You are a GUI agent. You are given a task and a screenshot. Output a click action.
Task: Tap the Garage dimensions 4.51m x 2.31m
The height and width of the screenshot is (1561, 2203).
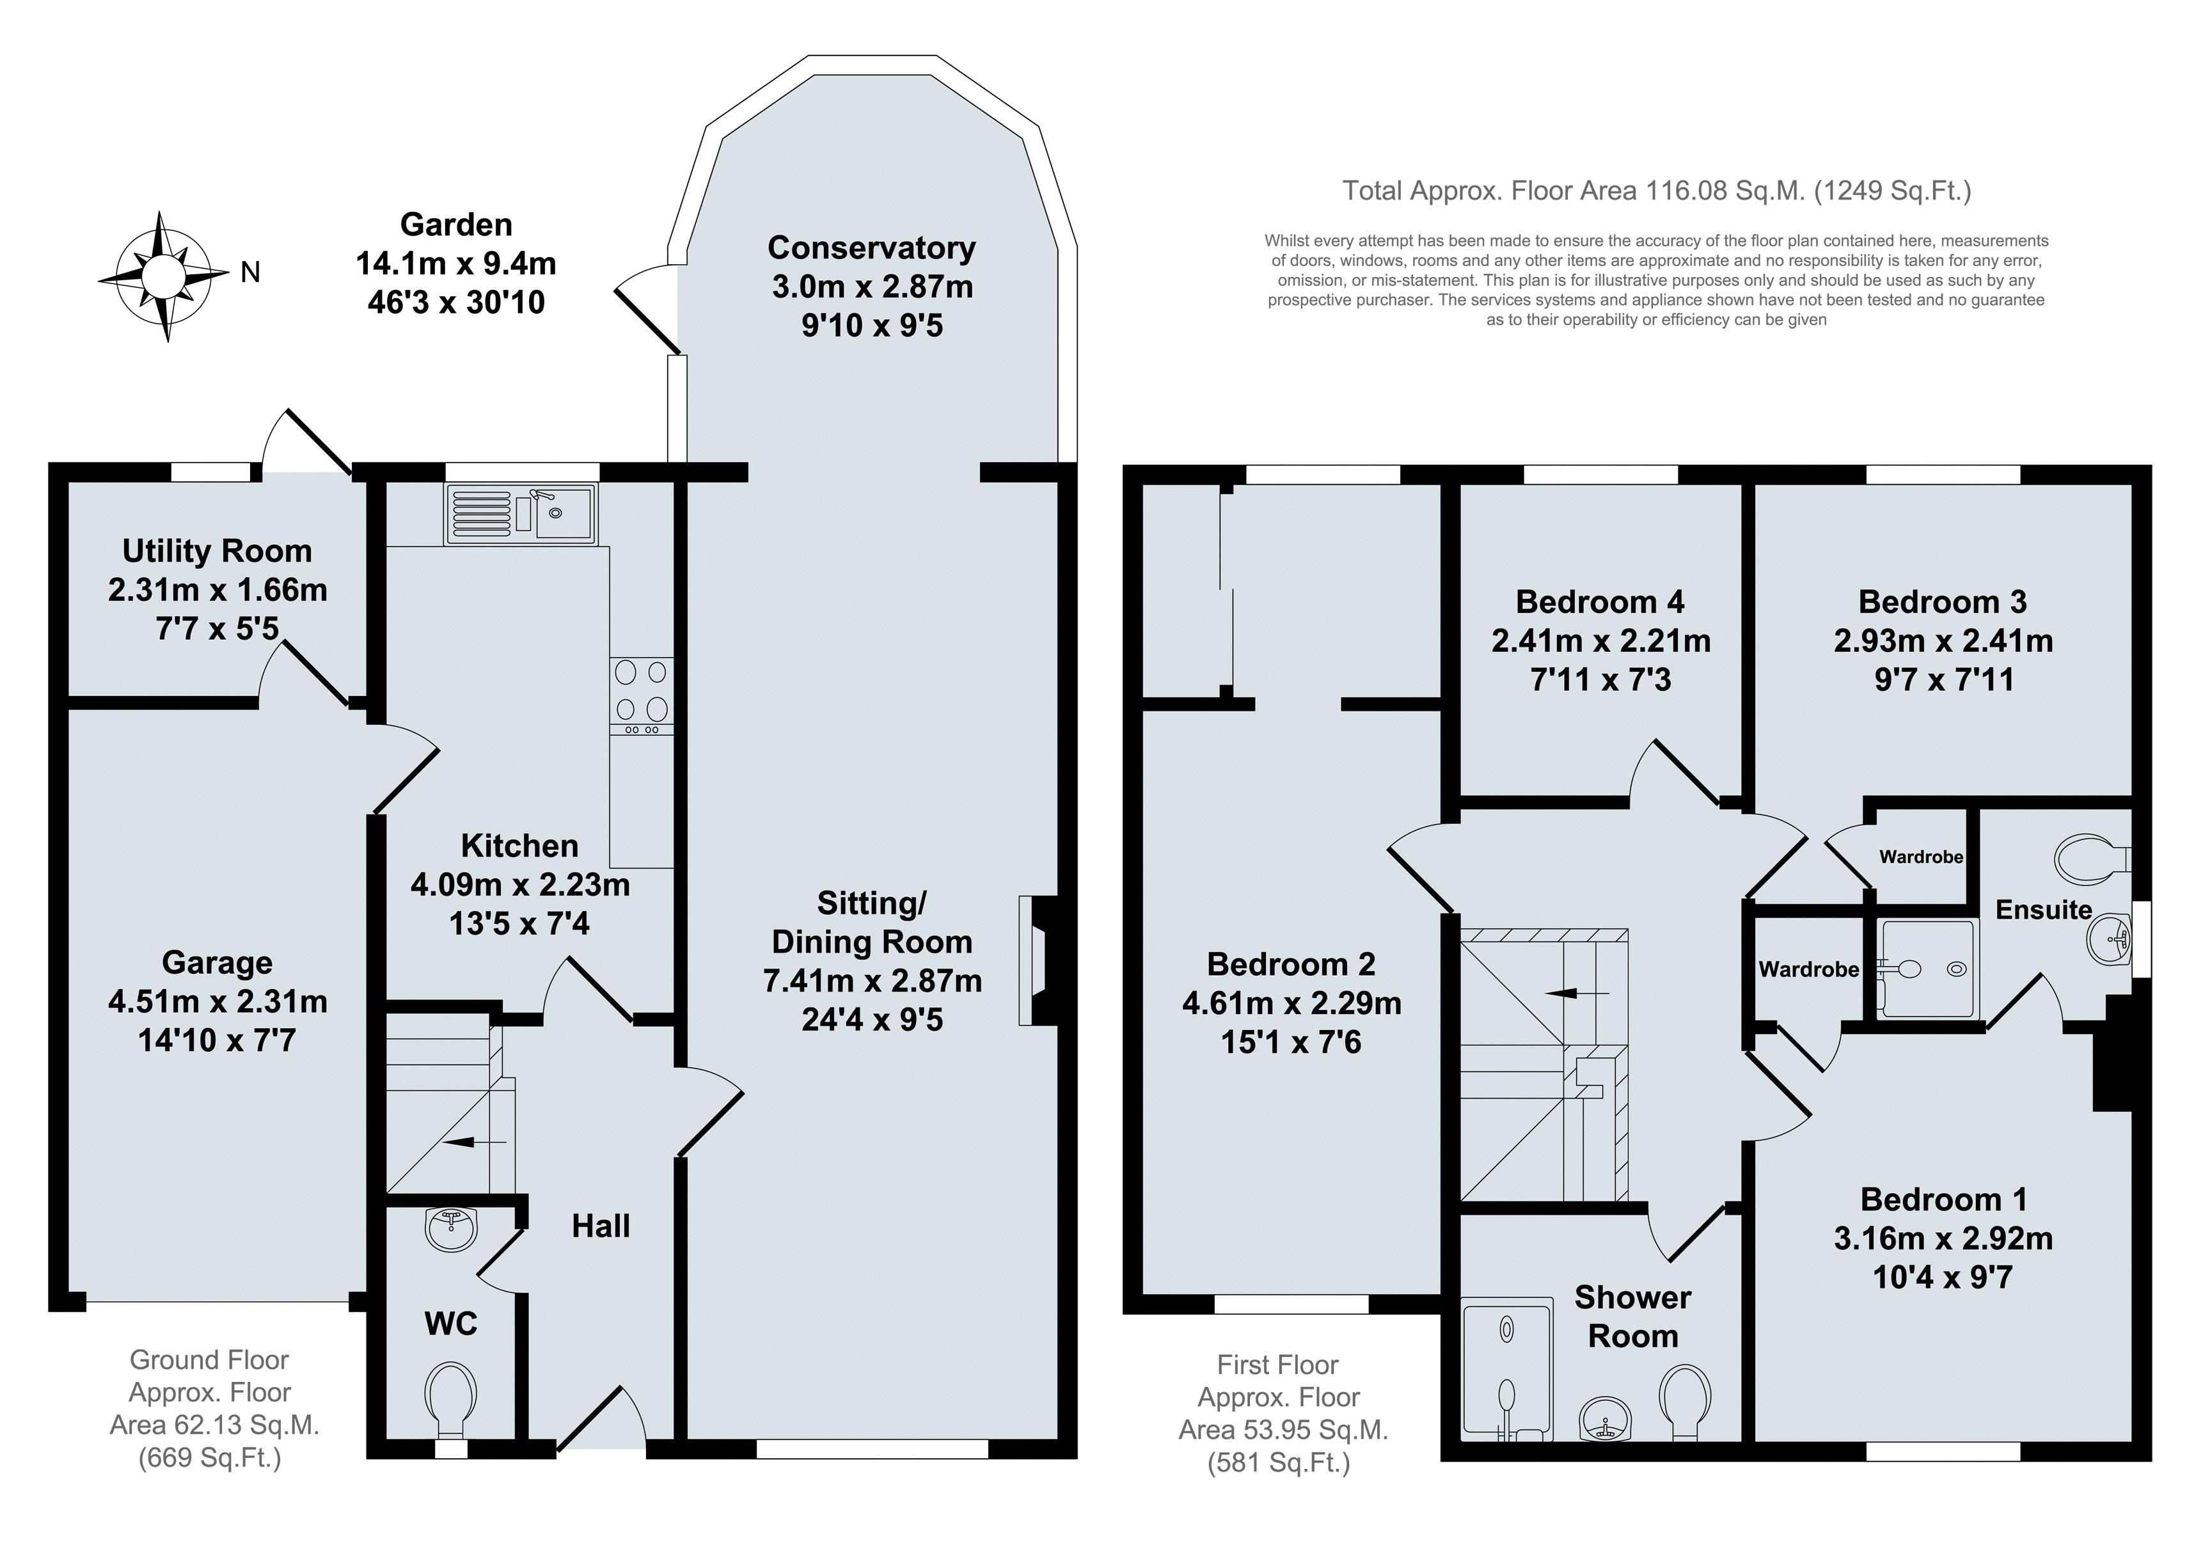point(218,1002)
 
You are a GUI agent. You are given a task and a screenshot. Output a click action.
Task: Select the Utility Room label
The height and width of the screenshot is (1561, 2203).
point(217,551)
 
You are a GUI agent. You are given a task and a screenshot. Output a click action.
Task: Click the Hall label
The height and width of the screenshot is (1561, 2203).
point(601,1226)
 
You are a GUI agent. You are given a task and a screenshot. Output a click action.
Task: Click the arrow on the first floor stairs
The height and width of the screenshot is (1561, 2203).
point(1577,992)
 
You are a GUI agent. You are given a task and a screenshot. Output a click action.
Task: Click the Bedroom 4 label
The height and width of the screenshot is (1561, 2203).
point(1600,602)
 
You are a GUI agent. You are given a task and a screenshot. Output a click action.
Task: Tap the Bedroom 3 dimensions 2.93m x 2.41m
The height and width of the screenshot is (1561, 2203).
point(1943,641)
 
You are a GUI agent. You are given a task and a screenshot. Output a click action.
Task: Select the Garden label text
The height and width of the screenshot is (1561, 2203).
point(457,225)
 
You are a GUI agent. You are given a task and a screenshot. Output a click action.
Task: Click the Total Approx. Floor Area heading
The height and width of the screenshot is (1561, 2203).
point(1656,191)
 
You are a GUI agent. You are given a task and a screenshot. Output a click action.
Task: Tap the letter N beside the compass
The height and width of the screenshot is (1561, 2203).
point(250,273)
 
